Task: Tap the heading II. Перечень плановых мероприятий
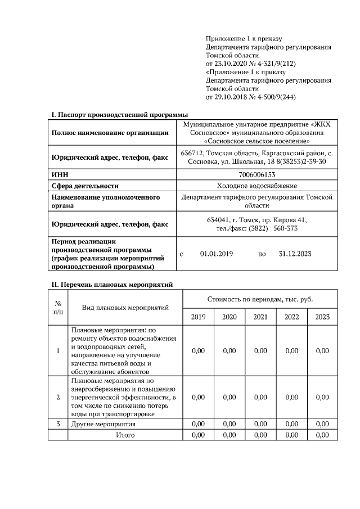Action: tap(113, 285)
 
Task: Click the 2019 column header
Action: tap(198, 317)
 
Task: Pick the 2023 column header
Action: tap(322, 317)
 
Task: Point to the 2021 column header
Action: tap(260, 317)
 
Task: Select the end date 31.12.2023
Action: tap(295, 254)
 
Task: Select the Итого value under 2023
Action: tap(322, 435)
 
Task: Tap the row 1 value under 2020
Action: tap(229, 351)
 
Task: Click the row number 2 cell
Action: tap(58, 398)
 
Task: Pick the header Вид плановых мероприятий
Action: tap(125, 308)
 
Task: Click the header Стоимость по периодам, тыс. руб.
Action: tap(260, 299)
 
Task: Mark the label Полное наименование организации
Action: tap(110, 133)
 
